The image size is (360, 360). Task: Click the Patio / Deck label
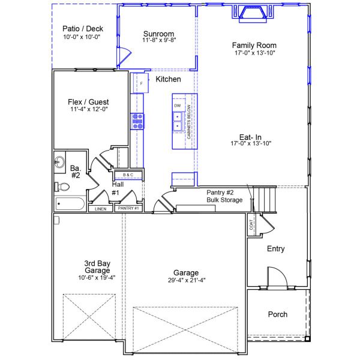(x=82, y=28)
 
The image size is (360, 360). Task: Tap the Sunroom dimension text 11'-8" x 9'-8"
(x=159, y=40)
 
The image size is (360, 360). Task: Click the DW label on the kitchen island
(x=178, y=106)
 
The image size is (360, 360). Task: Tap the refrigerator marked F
(x=142, y=83)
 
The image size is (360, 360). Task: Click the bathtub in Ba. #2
(x=70, y=203)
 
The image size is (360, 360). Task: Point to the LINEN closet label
(x=100, y=209)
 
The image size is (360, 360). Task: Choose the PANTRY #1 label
(x=128, y=208)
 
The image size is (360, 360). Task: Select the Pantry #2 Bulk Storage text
(x=224, y=196)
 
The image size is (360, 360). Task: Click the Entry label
(x=275, y=248)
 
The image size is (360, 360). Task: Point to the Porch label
(x=277, y=314)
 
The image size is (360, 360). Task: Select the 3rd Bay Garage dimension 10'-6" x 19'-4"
(x=87, y=278)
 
